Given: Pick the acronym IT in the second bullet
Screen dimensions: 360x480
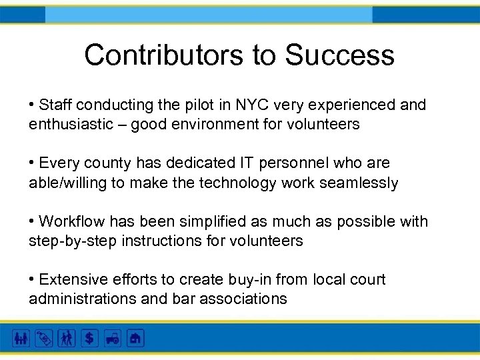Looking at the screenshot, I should click(247, 163).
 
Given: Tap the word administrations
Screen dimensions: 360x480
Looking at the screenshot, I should click(82, 299).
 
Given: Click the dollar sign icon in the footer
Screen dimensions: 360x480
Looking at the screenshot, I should click(89, 338).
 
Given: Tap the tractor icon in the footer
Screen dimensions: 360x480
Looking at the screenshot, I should click(113, 338).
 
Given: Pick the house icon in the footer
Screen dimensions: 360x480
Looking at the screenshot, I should click(135, 338).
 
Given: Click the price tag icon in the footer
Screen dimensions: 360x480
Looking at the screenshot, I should click(43, 338).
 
